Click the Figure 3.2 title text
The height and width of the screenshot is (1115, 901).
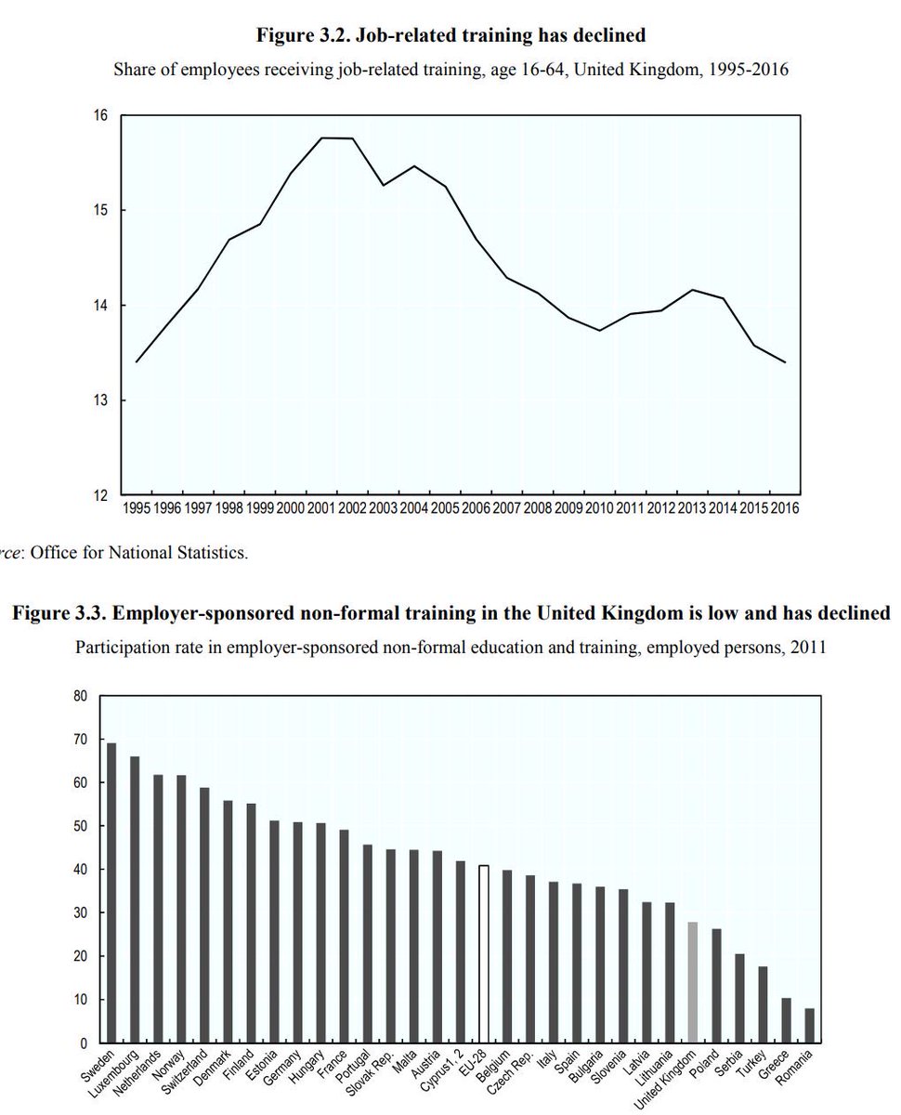[450, 36]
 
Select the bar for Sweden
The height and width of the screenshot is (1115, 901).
[111, 892]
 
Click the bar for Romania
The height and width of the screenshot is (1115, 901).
[810, 1025]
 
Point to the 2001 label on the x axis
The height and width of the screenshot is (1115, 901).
[321, 508]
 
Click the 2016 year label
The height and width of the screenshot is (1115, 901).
[784, 508]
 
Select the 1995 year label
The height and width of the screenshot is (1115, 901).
[137, 508]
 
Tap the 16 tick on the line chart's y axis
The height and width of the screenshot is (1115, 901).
[100, 115]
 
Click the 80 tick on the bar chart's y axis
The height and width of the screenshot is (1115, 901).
[82, 696]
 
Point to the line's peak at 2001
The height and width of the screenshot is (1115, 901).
[321, 138]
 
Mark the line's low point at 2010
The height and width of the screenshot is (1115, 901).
[600, 331]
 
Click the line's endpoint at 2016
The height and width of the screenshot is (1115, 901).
[786, 362]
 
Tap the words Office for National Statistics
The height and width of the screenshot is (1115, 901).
[139, 554]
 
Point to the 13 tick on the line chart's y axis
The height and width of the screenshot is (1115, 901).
[100, 400]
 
